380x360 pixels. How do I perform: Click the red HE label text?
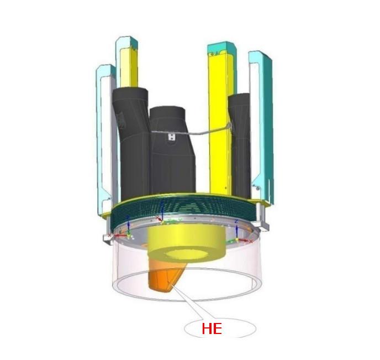pyautogui.click(x=212, y=329)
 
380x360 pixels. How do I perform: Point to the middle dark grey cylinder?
pyautogui.click(x=172, y=160)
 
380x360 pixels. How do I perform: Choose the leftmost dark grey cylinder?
pyautogui.click(x=131, y=144)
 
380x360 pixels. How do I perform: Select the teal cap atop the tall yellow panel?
pyautogui.click(x=221, y=48)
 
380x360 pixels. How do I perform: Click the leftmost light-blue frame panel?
pyautogui.click(x=104, y=138)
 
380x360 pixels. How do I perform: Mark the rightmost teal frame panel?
pyautogui.click(x=261, y=127)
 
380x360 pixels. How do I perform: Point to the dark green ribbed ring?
pyautogui.click(x=185, y=211)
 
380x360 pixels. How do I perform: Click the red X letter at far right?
pyautogui.click(x=251, y=241)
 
